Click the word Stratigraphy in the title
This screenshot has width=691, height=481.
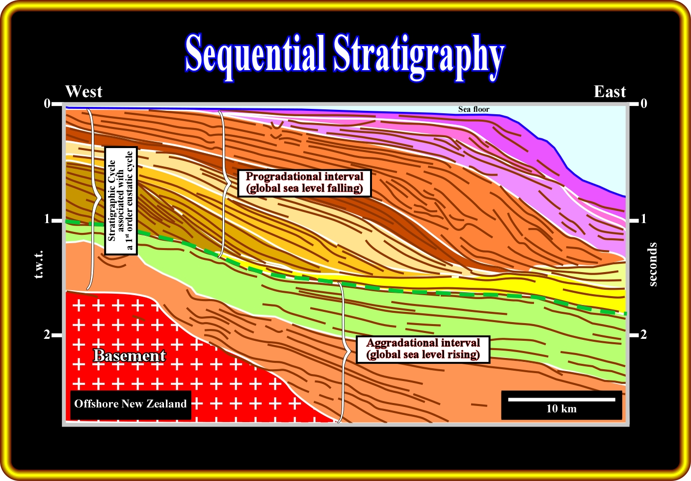pos(418,57)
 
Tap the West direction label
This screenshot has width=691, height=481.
pos(83,92)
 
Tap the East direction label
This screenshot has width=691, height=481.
pos(610,92)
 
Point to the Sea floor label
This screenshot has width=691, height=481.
pos(474,109)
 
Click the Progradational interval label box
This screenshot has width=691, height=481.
pos(304,183)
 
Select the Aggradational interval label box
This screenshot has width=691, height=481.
pos(423,349)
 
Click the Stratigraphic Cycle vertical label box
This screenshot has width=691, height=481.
pos(121,201)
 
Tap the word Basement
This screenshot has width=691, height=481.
pos(130,355)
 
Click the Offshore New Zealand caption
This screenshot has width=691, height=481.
pos(131,404)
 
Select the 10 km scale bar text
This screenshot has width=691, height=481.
pos(561,408)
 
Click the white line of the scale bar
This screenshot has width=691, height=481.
pos(561,399)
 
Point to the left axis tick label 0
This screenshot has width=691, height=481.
pos(47,103)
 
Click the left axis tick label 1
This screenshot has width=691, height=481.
pos(47,219)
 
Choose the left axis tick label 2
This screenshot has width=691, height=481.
pos(47,334)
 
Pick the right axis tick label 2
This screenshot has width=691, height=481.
pos(643,334)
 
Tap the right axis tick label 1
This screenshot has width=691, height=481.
pos(643,219)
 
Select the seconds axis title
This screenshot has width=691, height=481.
pos(652,264)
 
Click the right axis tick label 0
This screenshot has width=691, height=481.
pos(643,103)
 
